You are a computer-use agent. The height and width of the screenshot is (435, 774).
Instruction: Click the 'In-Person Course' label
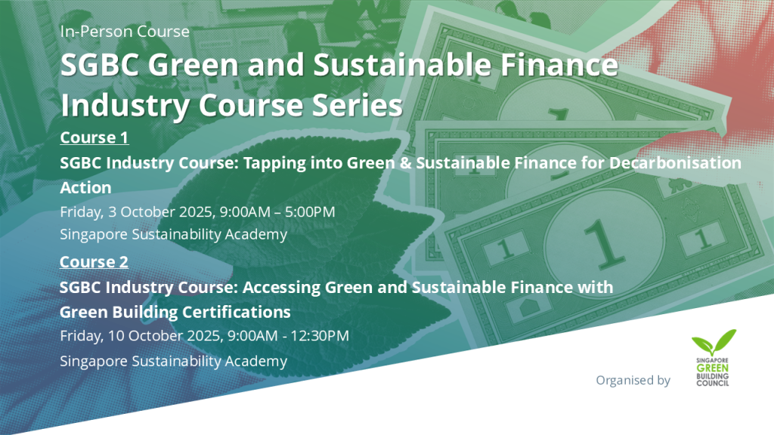(125, 32)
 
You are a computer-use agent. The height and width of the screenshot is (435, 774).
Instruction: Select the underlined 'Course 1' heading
(94, 137)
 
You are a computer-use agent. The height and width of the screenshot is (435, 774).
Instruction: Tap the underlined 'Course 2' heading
(94, 261)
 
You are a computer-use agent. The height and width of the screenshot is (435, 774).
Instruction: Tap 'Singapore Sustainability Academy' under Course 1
(173, 234)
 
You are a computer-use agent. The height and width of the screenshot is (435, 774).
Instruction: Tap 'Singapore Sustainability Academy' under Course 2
(173, 361)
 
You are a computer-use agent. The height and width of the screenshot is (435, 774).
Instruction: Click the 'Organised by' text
(633, 380)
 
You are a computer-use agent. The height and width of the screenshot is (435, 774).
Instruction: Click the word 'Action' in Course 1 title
(85, 187)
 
